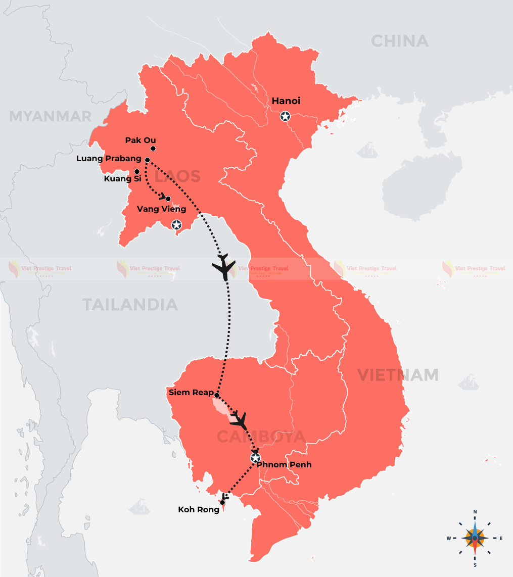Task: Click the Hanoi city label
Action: [286, 101]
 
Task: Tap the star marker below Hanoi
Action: [286, 117]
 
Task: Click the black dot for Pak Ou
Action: [153, 149]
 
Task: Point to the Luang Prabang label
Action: [109, 159]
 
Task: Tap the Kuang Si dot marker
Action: [137, 171]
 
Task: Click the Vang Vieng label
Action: [161, 209]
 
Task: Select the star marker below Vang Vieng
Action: [176, 225]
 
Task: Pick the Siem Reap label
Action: [190, 393]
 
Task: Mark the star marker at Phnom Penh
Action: [255, 458]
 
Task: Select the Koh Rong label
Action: [199, 510]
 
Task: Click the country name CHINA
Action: [399, 41]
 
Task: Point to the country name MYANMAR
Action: [51, 117]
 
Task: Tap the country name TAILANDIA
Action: [130, 305]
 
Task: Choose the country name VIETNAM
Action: [398, 375]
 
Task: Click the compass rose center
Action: [475, 538]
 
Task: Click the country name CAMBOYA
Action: [261, 437]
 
